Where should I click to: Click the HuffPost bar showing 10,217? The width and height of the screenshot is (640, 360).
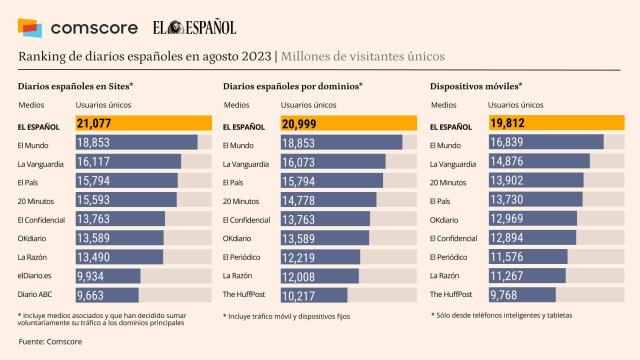(314, 295)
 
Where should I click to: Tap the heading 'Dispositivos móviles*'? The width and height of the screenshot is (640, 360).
(475, 86)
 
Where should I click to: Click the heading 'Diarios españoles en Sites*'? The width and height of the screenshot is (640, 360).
(75, 86)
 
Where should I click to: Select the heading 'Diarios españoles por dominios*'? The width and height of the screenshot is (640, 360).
(293, 86)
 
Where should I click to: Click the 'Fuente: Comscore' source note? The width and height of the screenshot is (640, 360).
(50, 343)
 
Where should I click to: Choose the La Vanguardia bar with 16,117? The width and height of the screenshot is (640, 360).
(128, 162)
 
